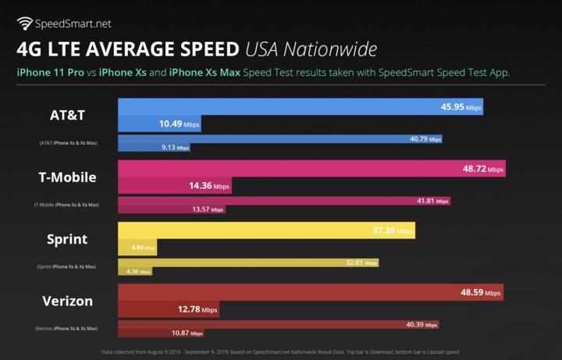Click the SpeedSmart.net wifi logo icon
click(26, 23)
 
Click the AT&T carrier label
click(67, 116)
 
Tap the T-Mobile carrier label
click(67, 177)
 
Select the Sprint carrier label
click(67, 239)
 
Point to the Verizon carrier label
click(67, 301)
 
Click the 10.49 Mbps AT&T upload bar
click(156, 123)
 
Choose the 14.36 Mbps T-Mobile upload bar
click(174, 186)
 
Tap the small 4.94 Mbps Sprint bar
click(137, 248)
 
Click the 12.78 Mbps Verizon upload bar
click(167, 309)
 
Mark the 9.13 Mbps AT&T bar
click(153, 147)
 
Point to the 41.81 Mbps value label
click(432, 201)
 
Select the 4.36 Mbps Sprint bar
click(134, 271)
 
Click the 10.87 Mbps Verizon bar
click(160, 333)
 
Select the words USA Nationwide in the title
click(311, 49)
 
